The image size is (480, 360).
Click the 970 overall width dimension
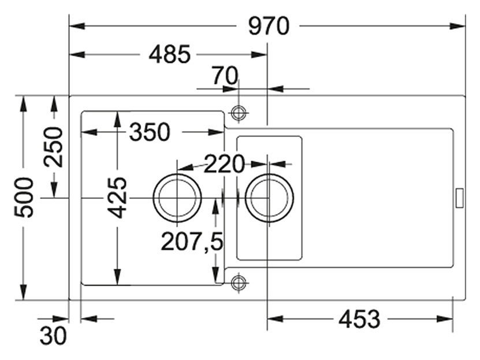[x=269, y=26]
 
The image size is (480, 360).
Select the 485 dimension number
[x=169, y=55]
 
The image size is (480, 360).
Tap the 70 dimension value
[x=224, y=75]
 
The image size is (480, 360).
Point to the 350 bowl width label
[x=150, y=132]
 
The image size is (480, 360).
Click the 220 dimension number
[x=224, y=165]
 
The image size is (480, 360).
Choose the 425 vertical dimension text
[x=118, y=197]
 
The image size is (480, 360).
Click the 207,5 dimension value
[x=192, y=242]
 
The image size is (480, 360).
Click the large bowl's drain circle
[x=177, y=198]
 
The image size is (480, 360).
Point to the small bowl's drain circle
[x=269, y=198]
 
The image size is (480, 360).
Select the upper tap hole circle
[x=239, y=112]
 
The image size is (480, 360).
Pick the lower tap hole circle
[x=239, y=283]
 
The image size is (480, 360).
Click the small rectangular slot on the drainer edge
[x=460, y=197]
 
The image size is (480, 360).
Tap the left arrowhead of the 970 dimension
[x=75, y=26]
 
